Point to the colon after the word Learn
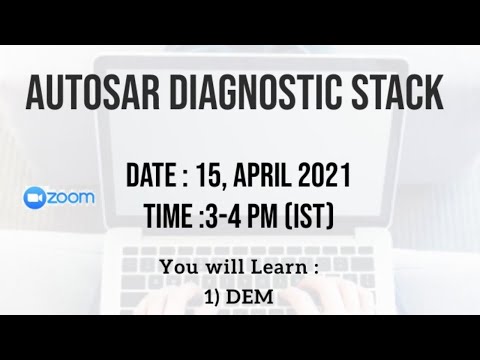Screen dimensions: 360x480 tap(313, 268)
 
